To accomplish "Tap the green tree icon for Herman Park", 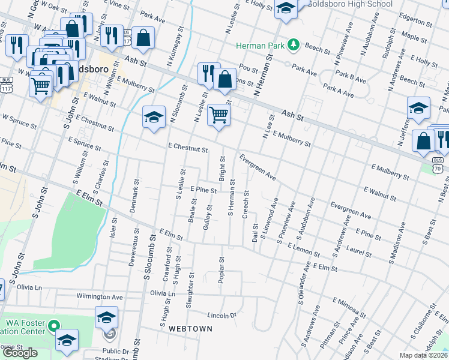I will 294,44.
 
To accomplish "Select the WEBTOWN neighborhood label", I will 190,329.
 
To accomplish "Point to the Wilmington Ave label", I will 99,296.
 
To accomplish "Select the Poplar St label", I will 221,268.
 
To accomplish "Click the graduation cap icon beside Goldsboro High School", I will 286,8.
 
